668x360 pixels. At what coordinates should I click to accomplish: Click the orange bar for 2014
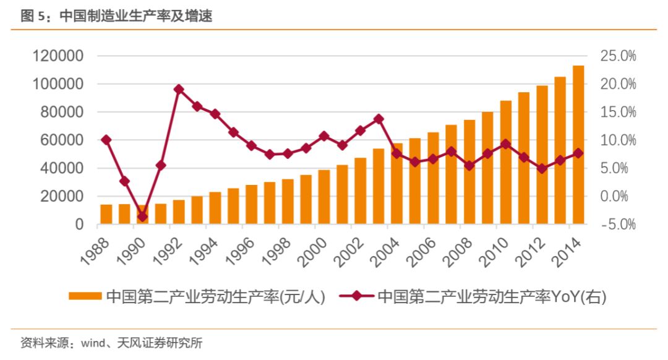tap(578, 145)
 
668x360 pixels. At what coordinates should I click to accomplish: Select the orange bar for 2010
tap(506, 162)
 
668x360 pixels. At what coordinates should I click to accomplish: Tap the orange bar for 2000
tap(324, 197)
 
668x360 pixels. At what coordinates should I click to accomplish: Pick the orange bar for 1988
tap(106, 214)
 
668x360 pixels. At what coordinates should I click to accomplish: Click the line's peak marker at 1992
tap(179, 89)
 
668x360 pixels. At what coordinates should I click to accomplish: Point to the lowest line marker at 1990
tap(143, 216)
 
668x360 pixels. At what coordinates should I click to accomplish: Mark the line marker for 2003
tap(379, 119)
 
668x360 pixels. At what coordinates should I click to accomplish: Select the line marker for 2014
tap(578, 153)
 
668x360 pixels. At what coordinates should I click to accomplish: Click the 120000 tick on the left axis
tap(58, 56)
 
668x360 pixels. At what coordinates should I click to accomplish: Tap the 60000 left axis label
tap(62, 140)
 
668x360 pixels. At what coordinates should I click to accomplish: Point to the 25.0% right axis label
tap(618, 56)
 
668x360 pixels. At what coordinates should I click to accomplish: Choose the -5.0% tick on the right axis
tap(618, 224)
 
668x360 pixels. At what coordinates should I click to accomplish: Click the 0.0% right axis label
tap(614, 196)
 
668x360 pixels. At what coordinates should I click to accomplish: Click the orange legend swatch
tap(85, 296)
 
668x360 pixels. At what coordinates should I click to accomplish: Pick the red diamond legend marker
tap(357, 296)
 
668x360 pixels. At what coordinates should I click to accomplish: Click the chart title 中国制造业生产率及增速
tap(136, 16)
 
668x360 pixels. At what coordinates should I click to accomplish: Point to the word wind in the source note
tap(93, 343)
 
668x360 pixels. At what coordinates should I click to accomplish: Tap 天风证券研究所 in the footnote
tap(160, 343)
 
